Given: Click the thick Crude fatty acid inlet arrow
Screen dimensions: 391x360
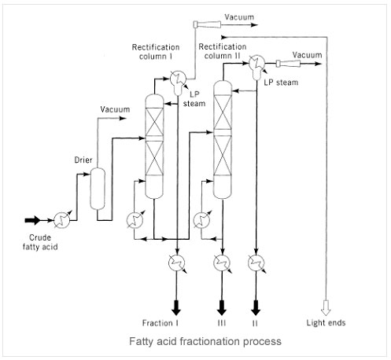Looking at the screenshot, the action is (32, 220).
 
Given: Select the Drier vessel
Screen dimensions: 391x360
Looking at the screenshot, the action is (98, 189).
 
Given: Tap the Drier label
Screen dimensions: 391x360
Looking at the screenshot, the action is (83, 160).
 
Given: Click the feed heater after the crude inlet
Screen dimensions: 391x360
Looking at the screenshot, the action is (62, 220).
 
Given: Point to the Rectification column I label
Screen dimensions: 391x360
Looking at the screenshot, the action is (156, 52).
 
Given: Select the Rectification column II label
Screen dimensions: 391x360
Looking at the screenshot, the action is (223, 51).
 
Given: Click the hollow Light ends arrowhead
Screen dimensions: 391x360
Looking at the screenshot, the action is (326, 308).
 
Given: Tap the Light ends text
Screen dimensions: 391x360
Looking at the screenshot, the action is (326, 323).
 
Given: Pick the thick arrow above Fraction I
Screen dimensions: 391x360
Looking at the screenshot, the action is (176, 308).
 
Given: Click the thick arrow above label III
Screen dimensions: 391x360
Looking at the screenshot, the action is (222, 308).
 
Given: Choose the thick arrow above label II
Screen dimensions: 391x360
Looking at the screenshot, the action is (256, 308).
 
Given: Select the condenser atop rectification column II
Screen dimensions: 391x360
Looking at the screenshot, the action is (257, 66).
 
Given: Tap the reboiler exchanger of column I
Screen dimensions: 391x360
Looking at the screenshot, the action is (135, 220).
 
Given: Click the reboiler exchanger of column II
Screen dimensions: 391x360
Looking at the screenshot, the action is (202, 220).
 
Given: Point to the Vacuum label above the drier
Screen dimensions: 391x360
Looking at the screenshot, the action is (115, 109).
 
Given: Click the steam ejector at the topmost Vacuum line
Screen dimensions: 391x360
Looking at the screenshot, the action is (207, 24).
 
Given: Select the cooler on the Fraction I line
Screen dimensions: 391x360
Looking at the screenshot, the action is (176, 263).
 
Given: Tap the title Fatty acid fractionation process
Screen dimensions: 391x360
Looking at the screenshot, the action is (205, 342).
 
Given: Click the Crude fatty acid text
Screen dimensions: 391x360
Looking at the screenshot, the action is (40, 242).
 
